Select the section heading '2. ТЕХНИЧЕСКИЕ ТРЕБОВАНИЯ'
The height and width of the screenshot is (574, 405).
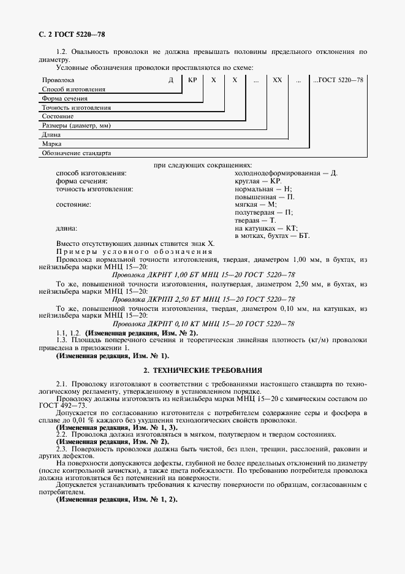click(202, 370)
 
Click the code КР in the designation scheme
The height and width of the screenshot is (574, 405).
click(192, 80)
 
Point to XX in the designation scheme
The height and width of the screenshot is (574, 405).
click(277, 80)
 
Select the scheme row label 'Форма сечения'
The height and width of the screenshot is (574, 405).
click(64, 98)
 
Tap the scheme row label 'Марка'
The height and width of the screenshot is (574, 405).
click(50, 143)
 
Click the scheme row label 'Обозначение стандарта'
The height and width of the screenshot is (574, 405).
click(76, 153)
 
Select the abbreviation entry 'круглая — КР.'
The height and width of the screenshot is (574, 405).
click(257, 182)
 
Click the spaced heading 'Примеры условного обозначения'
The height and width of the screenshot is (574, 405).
click(134, 252)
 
